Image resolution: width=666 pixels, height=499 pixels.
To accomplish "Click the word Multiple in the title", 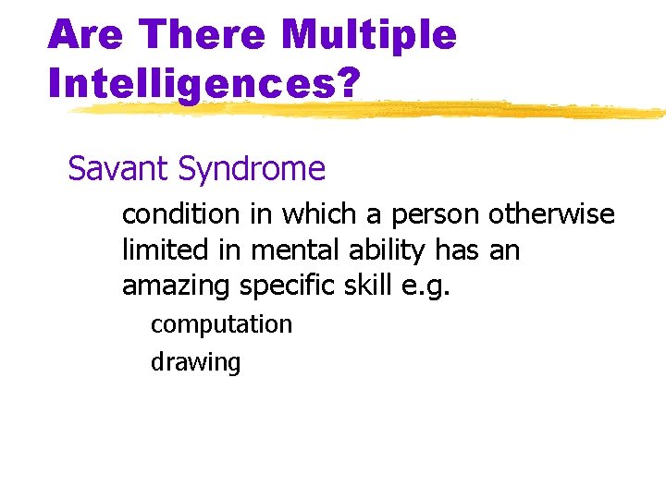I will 368,35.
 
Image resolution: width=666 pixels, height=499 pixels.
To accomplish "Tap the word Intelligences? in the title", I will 203,82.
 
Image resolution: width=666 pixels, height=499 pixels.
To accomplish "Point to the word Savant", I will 118,169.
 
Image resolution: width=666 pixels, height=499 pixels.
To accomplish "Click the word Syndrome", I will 252,169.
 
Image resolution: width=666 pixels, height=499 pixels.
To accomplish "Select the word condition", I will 180,214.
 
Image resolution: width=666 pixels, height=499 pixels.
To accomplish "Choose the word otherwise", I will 551,214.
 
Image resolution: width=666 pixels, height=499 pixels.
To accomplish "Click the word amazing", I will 177,286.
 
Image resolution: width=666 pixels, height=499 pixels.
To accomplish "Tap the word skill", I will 366,286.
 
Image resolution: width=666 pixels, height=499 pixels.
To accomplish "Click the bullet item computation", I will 221,324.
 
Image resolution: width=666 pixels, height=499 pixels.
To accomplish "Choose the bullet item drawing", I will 195,362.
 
